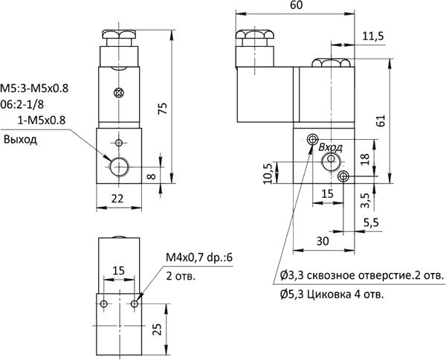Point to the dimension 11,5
pos(372,36)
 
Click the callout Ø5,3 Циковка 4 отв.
pos(333,295)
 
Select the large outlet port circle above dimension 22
pos(120,166)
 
